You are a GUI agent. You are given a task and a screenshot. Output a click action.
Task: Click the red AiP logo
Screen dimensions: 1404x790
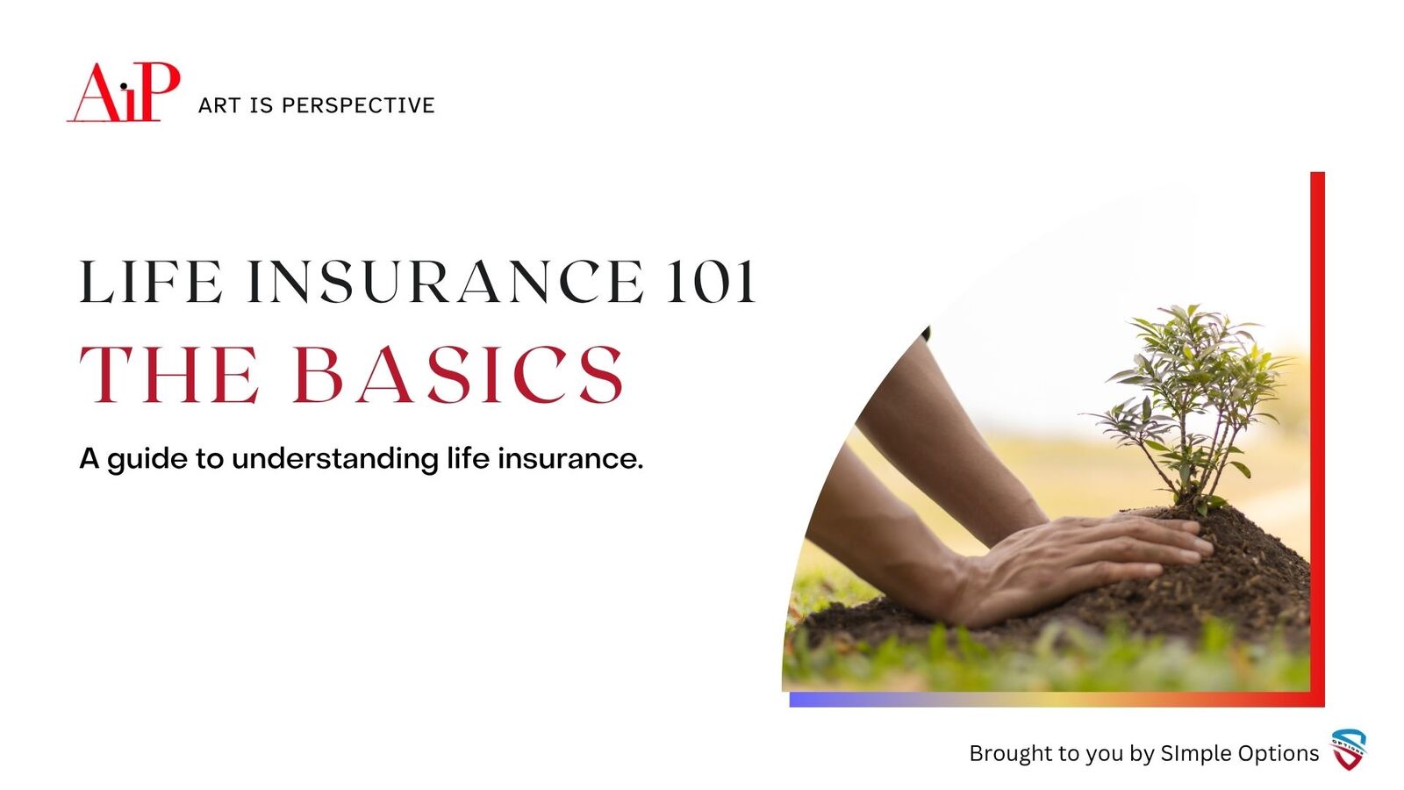click(x=124, y=92)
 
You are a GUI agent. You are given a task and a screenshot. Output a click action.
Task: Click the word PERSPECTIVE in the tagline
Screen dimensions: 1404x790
click(x=358, y=105)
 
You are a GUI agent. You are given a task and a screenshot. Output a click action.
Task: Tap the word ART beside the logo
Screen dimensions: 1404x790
click(x=218, y=105)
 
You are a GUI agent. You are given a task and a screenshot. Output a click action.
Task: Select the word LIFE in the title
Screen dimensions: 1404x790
click(x=151, y=282)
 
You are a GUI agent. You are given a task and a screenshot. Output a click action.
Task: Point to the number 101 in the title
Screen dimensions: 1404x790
click(x=711, y=282)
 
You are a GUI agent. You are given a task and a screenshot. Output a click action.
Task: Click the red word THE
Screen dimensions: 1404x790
click(x=169, y=374)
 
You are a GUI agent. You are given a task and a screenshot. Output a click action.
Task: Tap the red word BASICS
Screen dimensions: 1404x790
click(x=459, y=374)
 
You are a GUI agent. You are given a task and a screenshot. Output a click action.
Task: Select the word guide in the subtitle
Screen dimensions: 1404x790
click(x=147, y=460)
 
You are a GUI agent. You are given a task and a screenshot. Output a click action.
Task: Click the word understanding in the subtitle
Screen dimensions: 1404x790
click(x=335, y=460)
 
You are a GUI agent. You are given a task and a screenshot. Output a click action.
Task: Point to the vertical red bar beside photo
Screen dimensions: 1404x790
click(x=1317, y=439)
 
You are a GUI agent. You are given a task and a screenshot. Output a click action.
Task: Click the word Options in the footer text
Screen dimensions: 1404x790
click(x=1283, y=754)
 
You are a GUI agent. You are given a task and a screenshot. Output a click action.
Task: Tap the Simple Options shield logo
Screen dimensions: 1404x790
click(x=1349, y=750)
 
